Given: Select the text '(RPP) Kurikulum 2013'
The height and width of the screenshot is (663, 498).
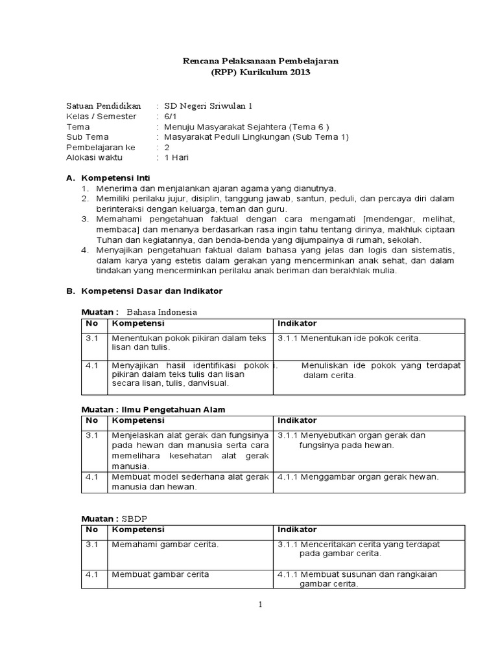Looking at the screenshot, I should point(261,73).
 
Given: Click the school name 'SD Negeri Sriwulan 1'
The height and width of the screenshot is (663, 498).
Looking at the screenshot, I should point(207,106).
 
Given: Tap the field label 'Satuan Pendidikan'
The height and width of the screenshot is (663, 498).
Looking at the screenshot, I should point(104,106).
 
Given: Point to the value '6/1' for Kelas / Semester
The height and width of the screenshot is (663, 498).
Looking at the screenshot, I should point(171,116).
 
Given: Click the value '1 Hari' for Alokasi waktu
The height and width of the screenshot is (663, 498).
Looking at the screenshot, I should point(176,157).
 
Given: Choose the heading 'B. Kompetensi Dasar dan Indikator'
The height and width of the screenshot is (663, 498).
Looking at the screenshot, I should point(144,291).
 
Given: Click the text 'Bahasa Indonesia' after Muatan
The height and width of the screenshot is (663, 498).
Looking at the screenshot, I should point(161,311).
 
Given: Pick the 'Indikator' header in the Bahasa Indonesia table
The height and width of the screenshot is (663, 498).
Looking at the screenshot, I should point(297,323).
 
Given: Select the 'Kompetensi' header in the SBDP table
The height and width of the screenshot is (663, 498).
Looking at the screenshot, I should point(138,530).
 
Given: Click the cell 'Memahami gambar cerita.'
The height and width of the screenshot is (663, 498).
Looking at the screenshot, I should point(165,545).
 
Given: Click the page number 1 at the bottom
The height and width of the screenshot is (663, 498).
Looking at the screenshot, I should point(260,605).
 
